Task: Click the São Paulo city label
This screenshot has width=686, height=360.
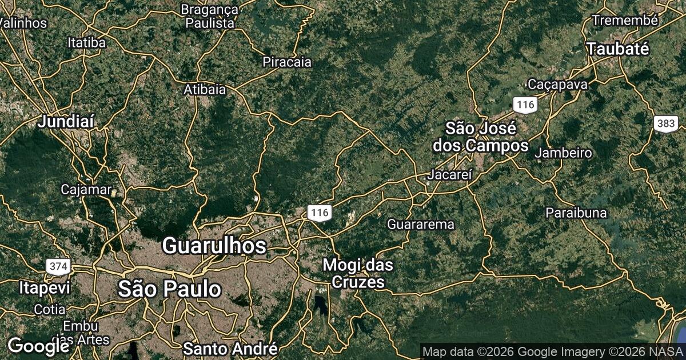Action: [x=169, y=289]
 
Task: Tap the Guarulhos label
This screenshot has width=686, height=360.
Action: [x=214, y=246]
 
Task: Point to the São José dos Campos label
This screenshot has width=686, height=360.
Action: [x=480, y=137]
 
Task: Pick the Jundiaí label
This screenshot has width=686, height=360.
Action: [x=66, y=121]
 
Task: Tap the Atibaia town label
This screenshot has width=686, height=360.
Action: [x=205, y=90]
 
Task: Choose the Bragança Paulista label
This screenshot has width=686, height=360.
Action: [x=210, y=16]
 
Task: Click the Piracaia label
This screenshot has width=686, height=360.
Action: [x=287, y=62]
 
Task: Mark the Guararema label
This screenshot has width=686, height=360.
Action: [x=421, y=224]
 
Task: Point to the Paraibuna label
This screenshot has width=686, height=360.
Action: [x=576, y=213]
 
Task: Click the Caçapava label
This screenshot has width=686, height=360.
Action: [x=557, y=84]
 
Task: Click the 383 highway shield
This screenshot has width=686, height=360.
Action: [x=666, y=123]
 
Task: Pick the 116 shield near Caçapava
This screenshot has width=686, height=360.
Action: [x=524, y=105]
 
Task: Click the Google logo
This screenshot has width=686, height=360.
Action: [x=38, y=346]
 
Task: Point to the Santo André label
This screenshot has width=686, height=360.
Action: [x=230, y=348]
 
